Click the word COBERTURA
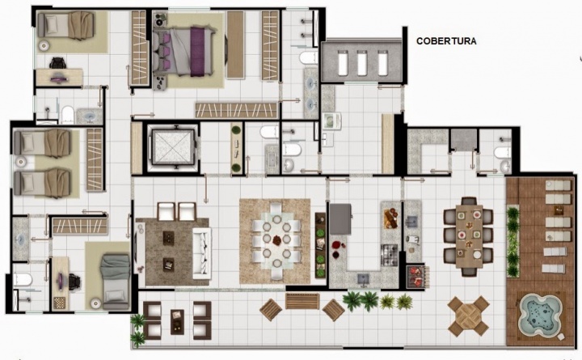pos(446,41)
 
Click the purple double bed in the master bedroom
pos(183,51)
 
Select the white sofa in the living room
pos(202,253)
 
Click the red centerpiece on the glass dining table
pos(277,241)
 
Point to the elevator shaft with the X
pos(173,146)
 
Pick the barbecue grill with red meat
pos(416,276)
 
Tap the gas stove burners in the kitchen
pos(390,255)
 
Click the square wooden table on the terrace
pos(468,316)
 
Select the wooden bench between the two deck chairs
pos(302,301)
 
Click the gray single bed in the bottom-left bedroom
pos(115,282)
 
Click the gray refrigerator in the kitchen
pos(340,218)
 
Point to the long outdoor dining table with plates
pos(469,236)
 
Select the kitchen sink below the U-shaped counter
pos(363,278)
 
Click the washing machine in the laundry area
pos(331,121)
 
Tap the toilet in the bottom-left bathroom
pos(22,279)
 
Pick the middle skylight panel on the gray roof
pos(362,62)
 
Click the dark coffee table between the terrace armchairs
pos(177,321)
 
